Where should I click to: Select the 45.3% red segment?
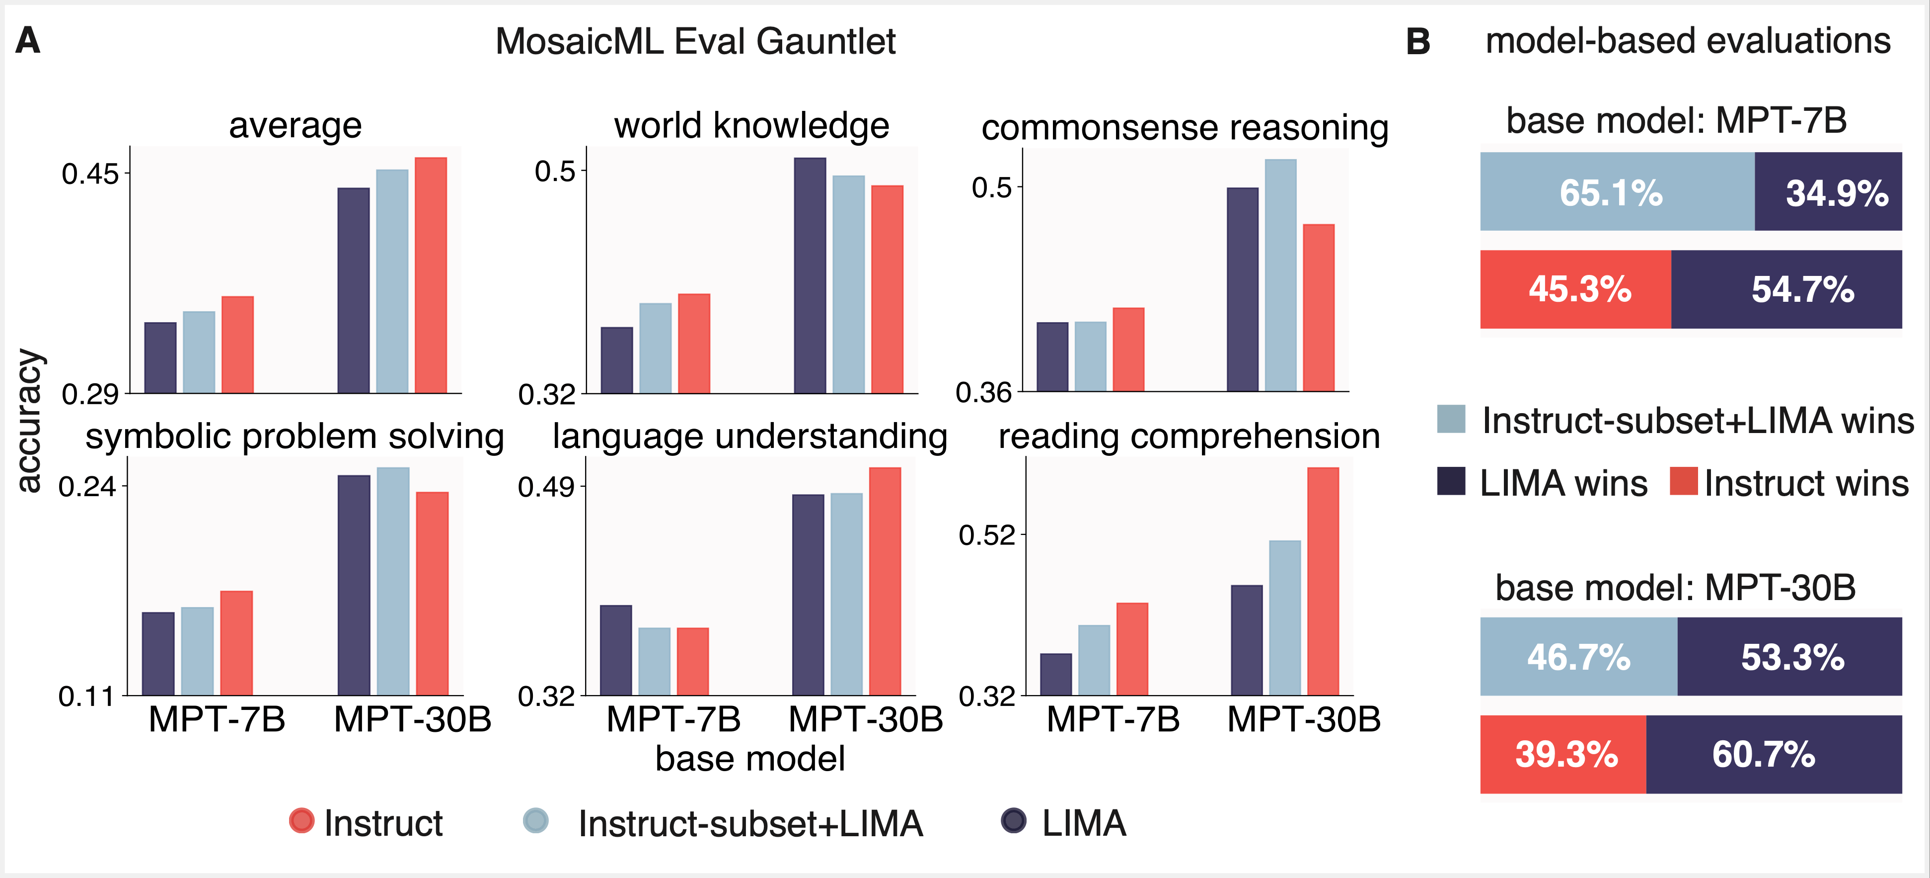click(x=1576, y=289)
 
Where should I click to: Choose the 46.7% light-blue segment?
click(x=1578, y=657)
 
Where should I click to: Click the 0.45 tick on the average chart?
click(x=90, y=174)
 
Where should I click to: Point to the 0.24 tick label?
click(x=87, y=487)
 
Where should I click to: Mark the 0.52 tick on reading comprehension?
click(x=987, y=535)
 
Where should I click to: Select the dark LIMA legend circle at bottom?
click(x=1014, y=820)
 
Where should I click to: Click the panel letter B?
click(x=1417, y=41)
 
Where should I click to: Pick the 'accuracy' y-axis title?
click(x=28, y=421)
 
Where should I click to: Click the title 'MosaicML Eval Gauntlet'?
click(x=695, y=41)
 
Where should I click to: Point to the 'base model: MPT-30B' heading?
click(x=1675, y=587)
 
